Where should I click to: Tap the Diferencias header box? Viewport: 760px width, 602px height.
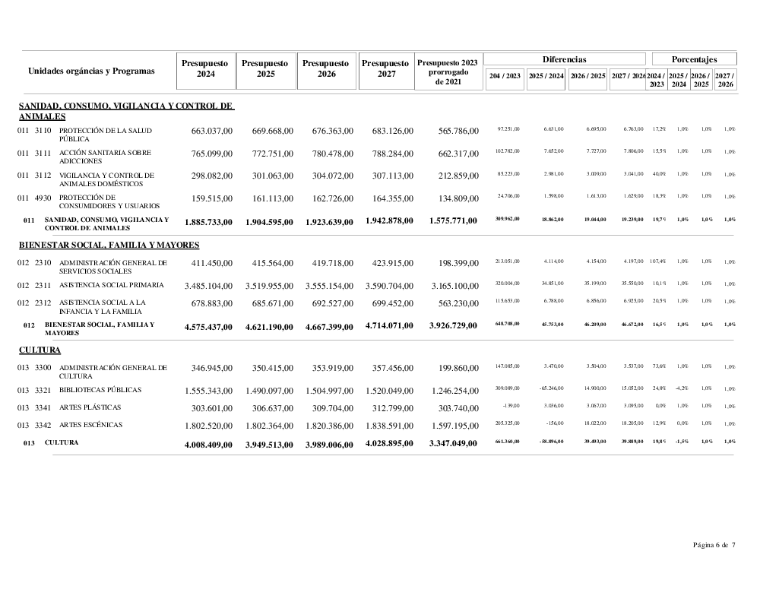tap(564, 59)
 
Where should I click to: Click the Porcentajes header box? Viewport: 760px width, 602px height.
tap(694, 59)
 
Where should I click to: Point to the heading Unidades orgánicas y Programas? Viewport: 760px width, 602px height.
tap(91, 71)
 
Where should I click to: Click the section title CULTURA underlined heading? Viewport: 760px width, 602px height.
tap(40, 350)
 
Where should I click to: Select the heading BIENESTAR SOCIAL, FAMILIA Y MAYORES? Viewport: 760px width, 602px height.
tap(109, 245)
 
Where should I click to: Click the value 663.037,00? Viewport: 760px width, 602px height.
tap(212, 131)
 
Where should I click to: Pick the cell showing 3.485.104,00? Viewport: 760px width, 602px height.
tap(208, 286)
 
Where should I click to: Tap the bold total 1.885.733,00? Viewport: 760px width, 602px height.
tap(208, 222)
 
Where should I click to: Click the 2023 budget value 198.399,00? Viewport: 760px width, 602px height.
tap(459, 264)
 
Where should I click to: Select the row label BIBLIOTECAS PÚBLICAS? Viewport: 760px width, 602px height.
tap(100, 390)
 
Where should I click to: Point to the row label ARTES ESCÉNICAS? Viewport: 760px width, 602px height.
tap(90, 425)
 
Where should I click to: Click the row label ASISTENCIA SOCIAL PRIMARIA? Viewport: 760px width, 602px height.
tap(111, 285)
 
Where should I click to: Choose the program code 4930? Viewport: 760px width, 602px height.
tap(43, 198)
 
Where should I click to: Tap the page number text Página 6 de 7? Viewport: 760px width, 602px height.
tap(714, 544)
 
